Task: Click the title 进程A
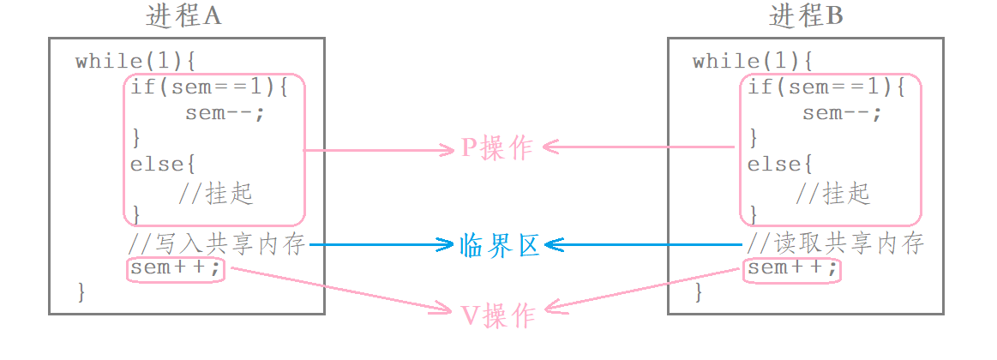point(184,16)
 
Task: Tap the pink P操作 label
point(497,147)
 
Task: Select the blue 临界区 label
point(498,245)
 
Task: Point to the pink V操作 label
point(498,315)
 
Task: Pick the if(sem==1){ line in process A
point(207,87)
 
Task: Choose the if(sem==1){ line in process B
point(824,87)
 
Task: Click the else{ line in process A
point(157,164)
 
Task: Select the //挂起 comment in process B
point(832,193)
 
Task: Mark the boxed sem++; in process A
point(176,270)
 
